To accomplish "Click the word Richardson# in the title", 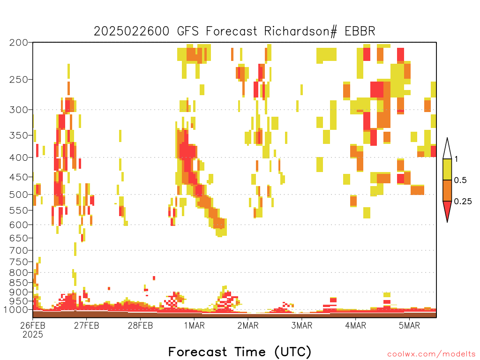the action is (300, 31).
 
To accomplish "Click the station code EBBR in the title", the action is (360, 31).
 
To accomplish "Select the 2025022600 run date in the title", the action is (131, 31).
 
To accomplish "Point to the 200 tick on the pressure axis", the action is (19, 43).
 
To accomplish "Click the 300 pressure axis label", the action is (19, 110).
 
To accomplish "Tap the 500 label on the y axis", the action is (19, 195).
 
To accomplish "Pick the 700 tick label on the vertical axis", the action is (19, 250).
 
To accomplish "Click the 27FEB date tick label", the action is (87, 325).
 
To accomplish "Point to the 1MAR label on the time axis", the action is (195, 325).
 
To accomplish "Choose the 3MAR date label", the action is (302, 325).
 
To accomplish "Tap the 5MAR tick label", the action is (409, 325).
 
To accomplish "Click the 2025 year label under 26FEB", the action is (33, 334).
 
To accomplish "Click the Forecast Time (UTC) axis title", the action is (240, 352).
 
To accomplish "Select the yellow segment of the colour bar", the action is (447, 169).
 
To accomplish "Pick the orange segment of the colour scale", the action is (447, 190).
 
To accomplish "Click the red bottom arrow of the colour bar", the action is (447, 211).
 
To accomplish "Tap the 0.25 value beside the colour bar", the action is (463, 202).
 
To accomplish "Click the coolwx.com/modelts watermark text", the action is (431, 354).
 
